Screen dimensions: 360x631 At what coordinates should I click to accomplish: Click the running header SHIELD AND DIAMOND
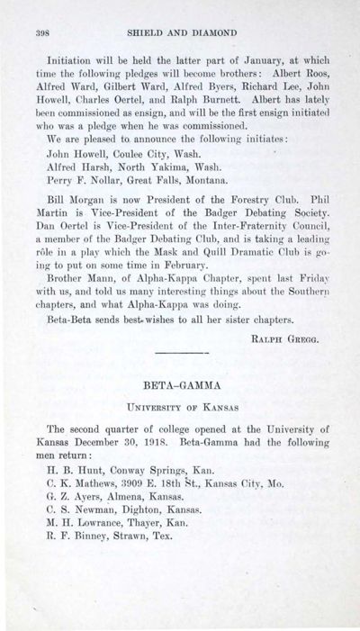coord(180,30)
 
